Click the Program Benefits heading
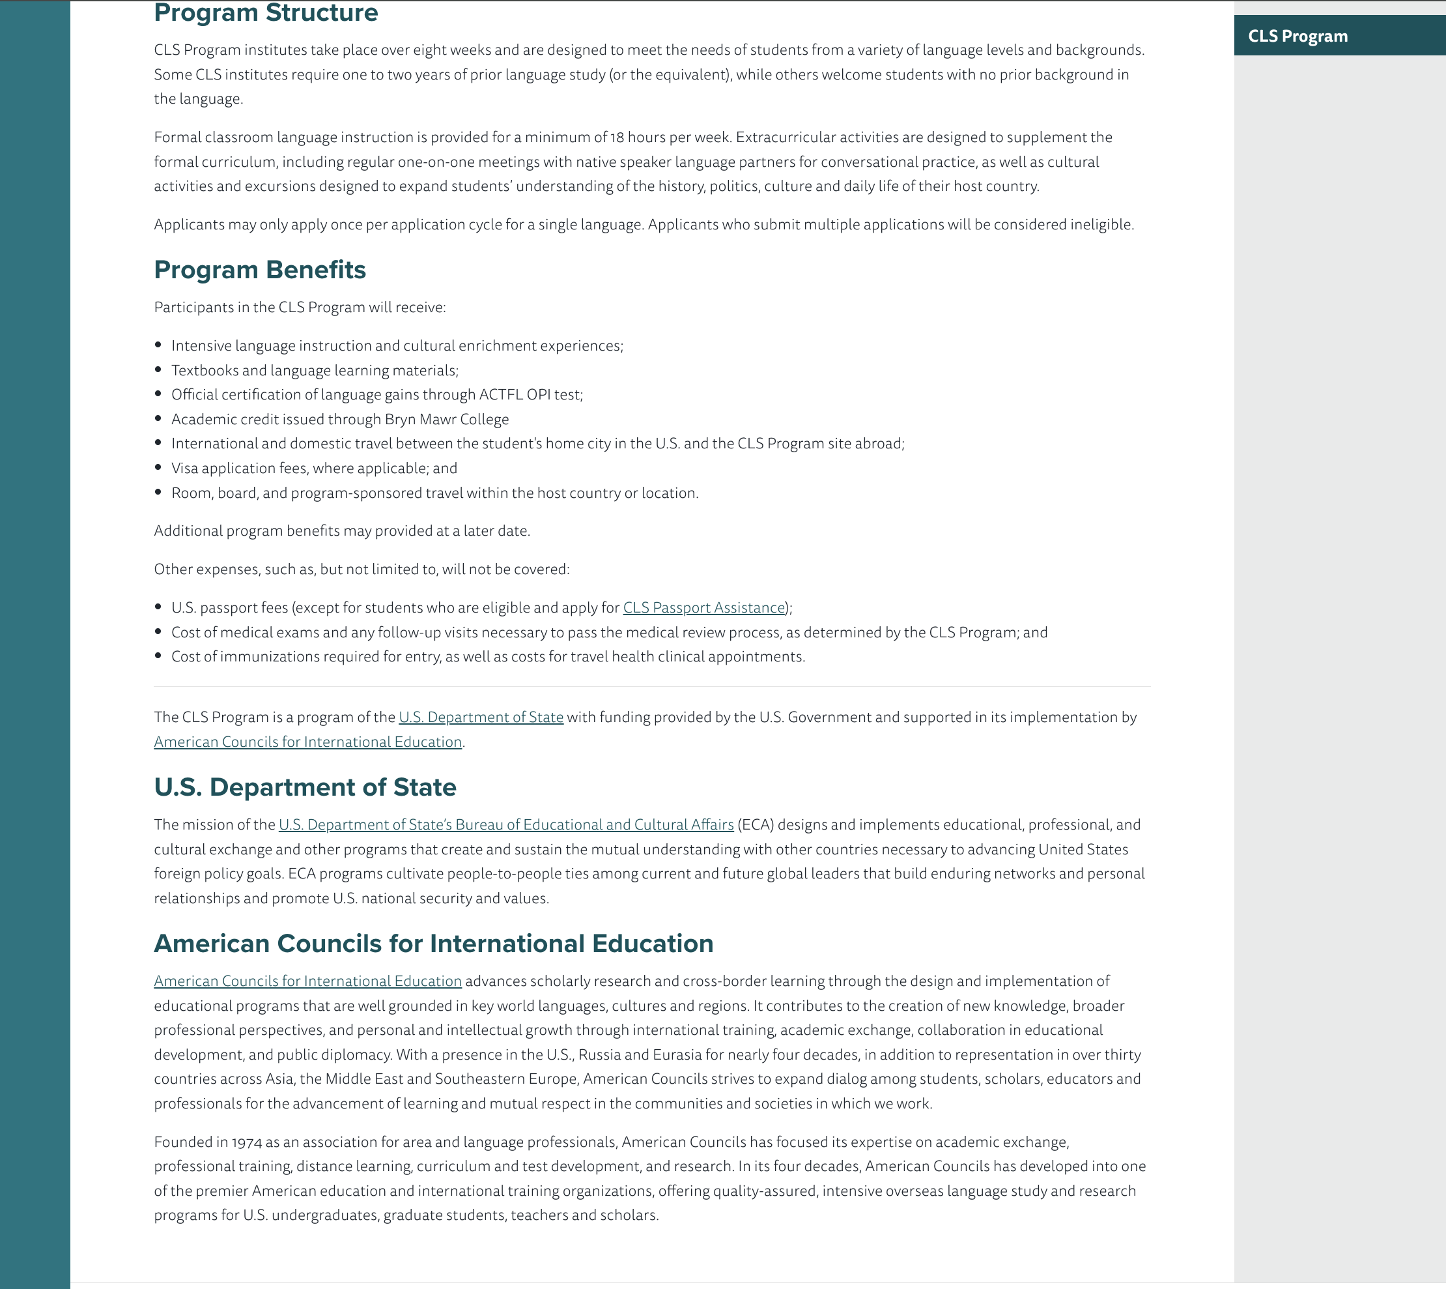coord(260,270)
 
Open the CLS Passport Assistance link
coord(703,607)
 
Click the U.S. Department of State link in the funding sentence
coord(481,717)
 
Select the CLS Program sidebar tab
coord(1297,36)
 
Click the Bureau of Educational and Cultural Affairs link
coord(505,824)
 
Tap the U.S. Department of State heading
coord(305,787)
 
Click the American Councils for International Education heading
coord(433,944)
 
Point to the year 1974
coord(246,1142)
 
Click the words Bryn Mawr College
coord(447,419)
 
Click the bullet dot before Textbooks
coord(158,369)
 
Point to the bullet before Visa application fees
coord(158,467)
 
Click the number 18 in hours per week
coord(617,138)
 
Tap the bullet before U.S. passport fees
coord(158,607)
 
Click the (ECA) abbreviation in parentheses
coord(755,824)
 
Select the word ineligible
coord(1101,225)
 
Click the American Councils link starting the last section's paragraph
coord(307,981)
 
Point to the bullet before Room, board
coord(158,492)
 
